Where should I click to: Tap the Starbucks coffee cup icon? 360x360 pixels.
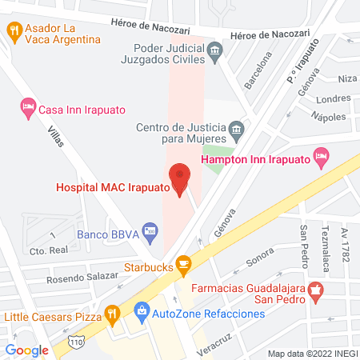[183, 263]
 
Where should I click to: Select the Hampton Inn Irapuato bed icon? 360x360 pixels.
[322, 158]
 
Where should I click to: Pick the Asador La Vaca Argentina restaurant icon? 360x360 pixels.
[14, 31]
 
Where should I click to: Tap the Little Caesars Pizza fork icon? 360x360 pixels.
[113, 313]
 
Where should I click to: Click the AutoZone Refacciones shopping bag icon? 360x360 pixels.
[141, 310]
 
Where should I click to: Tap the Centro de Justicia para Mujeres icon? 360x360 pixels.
[235, 130]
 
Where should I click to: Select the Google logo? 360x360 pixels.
[27, 350]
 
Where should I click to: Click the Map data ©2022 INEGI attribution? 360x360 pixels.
[311, 353]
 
